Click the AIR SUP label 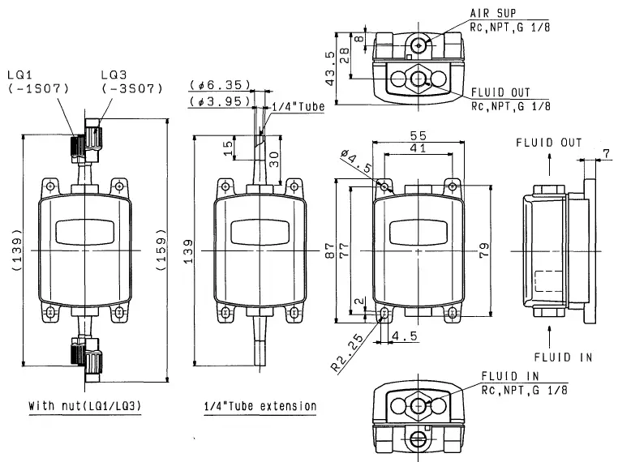[x=493, y=14]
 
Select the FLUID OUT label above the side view [x=548, y=143]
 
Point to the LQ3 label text [x=114, y=75]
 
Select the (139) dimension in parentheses [x=18, y=252]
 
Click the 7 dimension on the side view [x=606, y=153]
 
